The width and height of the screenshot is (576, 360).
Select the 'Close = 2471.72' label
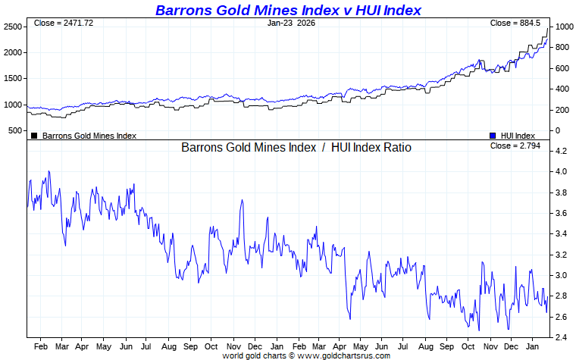[x=64, y=23]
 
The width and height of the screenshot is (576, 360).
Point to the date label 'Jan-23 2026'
[x=292, y=23]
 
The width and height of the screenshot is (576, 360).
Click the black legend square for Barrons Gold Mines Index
[x=34, y=136]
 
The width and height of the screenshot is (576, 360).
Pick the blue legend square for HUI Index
[x=493, y=136]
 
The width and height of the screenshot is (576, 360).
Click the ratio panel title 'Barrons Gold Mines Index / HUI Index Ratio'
[x=296, y=148]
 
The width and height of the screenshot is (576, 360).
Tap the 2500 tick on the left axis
[x=12, y=27]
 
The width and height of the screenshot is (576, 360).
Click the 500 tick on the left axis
[x=15, y=131]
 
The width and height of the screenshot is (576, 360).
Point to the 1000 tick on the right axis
[x=562, y=27]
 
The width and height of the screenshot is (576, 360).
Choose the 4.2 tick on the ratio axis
[x=561, y=152]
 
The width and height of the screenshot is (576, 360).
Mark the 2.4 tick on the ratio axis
[x=561, y=337]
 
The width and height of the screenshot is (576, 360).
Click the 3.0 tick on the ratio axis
[x=561, y=275]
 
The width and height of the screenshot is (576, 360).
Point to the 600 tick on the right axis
[x=562, y=68]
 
